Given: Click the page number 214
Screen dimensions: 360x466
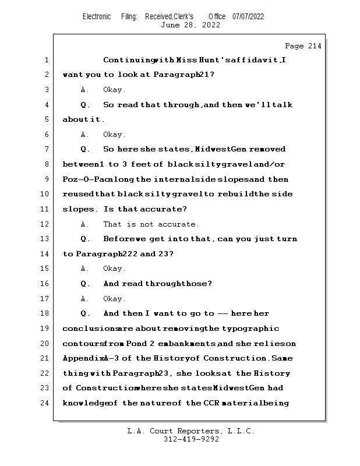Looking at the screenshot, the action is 315,46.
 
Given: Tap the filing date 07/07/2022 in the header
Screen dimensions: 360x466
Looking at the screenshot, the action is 248,17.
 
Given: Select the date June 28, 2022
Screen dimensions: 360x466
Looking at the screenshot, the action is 190,25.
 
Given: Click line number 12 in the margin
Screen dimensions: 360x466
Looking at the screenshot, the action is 45,224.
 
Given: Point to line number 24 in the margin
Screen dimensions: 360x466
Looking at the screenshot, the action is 45,403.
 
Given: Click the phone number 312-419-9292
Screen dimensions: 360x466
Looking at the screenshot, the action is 191,439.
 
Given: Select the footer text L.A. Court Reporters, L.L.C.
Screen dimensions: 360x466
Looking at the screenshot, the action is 191,431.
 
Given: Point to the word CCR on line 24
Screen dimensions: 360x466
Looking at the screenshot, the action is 211,403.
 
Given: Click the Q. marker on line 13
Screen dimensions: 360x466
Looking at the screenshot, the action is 85,239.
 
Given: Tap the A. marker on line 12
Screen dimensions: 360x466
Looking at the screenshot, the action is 84,224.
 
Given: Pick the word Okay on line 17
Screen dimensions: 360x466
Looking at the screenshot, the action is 112,299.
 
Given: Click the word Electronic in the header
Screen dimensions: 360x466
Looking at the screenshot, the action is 97,17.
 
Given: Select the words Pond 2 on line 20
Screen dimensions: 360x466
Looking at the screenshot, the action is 140,344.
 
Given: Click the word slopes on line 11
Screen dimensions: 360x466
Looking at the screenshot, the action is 78,209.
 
